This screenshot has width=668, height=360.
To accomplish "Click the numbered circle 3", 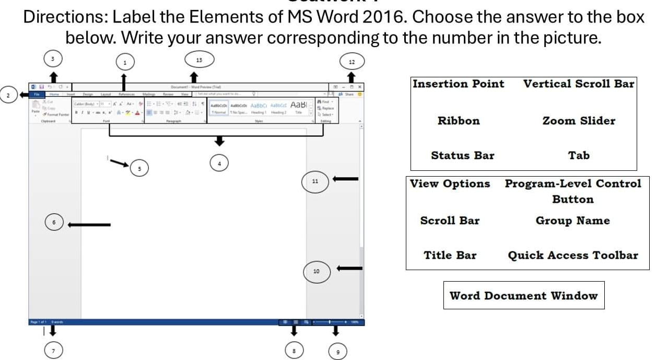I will [51, 59].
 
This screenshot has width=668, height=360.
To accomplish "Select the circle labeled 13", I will [198, 60].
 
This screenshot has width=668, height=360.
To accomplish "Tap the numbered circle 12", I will [351, 62].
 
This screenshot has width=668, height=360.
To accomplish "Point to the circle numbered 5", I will [139, 168].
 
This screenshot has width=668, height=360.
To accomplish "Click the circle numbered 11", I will [314, 181].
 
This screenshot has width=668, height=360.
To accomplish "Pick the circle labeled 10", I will [316, 271].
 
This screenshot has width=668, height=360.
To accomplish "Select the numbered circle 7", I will [52, 350].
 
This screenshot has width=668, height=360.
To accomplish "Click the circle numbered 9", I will [337, 352].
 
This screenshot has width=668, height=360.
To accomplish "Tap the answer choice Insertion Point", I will [459, 84].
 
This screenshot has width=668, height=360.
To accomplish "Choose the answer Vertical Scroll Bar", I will [579, 84].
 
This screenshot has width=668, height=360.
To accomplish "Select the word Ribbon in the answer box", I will [458, 121].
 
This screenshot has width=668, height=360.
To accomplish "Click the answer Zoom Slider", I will [579, 121].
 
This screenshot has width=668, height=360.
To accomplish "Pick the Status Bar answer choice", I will [462, 155].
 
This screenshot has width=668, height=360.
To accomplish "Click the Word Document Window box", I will [523, 296].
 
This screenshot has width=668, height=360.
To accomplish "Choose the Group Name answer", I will [572, 220].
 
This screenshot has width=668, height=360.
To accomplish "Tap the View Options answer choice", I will [450, 184].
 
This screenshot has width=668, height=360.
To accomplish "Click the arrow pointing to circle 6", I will [89, 225].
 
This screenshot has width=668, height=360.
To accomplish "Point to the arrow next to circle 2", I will [23, 95].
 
